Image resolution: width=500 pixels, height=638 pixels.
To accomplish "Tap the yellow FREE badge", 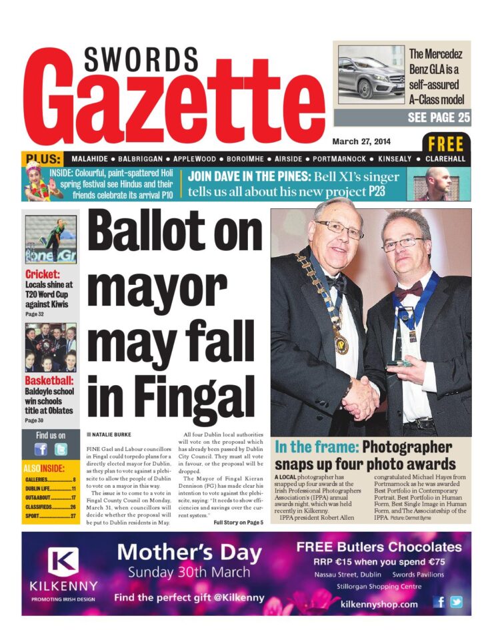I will (446, 143).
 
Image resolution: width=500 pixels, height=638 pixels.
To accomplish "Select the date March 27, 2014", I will (362, 141).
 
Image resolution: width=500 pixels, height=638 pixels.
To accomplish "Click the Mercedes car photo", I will (371, 74).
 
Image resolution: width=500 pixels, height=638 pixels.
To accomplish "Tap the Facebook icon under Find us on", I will (41, 449).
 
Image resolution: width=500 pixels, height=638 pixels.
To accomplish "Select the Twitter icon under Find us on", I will (61, 449).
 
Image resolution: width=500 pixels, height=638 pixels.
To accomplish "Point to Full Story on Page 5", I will (238, 522).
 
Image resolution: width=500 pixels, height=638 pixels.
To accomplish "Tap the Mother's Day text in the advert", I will (183, 551).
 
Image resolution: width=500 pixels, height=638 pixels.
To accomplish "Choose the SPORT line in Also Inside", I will (50, 516).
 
